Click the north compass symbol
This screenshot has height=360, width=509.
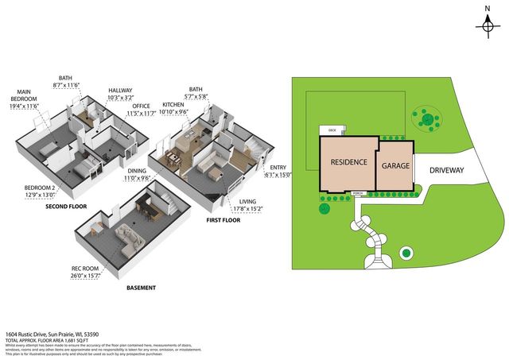(487, 25)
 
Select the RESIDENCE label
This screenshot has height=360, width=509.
(348, 163)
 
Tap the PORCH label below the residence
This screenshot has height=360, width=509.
(358, 193)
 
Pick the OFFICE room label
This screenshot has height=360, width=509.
(142, 110)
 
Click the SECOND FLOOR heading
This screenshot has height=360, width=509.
(67, 207)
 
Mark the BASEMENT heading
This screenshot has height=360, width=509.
(140, 288)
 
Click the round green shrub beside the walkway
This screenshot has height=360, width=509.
(406, 254)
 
